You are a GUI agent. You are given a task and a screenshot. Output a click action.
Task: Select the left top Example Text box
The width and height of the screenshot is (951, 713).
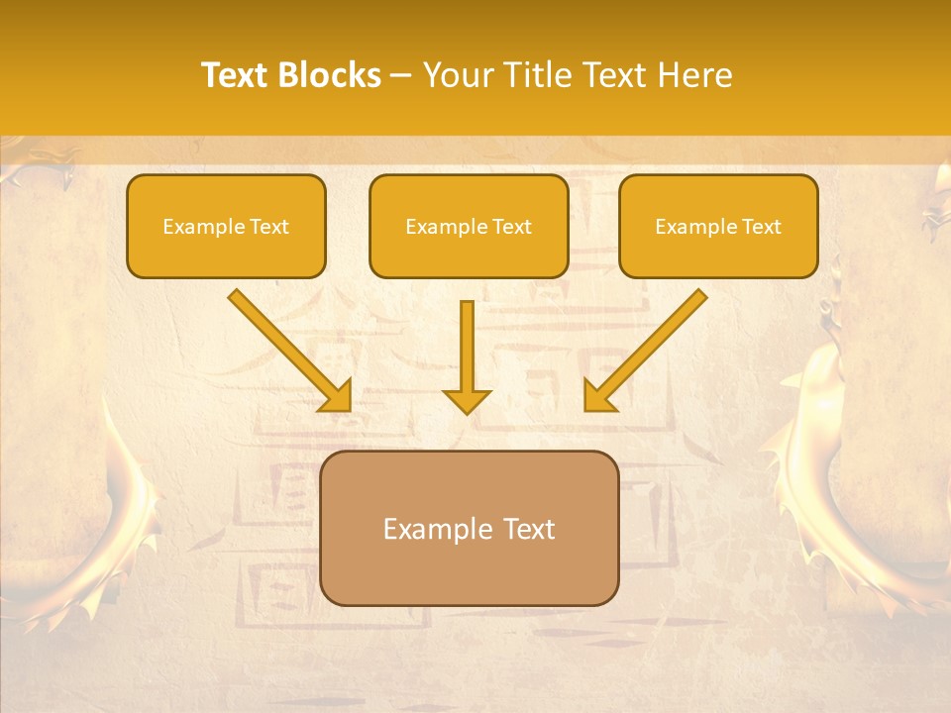pyautogui.click(x=226, y=226)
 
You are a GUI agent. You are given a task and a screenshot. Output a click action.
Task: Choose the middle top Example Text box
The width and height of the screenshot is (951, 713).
pyautogui.click(x=469, y=226)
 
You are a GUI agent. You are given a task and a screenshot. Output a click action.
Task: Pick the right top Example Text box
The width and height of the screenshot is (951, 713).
pyautogui.click(x=718, y=226)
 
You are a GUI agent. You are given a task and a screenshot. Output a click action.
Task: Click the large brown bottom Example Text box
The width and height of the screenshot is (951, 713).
pyautogui.click(x=470, y=529)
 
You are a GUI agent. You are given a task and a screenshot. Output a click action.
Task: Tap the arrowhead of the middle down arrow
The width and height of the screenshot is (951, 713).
pyautogui.click(x=467, y=399)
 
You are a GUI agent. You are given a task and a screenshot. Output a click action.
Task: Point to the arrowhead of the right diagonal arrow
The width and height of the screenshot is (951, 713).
pyautogui.click(x=600, y=395)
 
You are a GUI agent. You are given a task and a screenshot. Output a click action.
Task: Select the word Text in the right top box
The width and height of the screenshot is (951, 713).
pyautogui.click(x=761, y=226)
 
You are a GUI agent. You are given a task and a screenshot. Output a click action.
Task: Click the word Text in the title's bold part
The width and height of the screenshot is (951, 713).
pyautogui.click(x=234, y=75)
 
